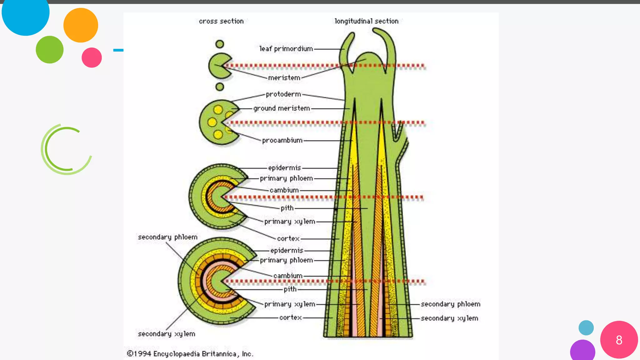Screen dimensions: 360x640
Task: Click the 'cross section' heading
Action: click(221, 21)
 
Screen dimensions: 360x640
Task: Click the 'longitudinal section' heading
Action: click(367, 21)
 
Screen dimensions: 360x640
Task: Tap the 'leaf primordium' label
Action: click(286, 49)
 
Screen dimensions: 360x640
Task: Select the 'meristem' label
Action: click(284, 78)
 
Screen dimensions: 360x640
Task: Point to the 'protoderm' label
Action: click(283, 94)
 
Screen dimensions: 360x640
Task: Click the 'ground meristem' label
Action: click(282, 108)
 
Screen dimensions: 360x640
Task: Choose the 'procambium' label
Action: click(282, 141)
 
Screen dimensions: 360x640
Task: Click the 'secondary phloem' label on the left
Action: click(167, 237)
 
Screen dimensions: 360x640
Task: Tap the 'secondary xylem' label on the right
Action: click(449, 318)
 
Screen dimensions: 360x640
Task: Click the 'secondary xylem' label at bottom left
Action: click(167, 334)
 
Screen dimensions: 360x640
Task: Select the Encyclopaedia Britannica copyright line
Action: click(190, 354)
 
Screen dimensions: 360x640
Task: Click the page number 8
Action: click(619, 340)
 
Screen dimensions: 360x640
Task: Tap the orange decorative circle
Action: click(81, 25)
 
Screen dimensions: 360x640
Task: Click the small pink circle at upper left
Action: click(92, 57)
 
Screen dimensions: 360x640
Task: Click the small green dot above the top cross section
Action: click(220, 44)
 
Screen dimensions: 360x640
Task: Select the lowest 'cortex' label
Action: click(290, 317)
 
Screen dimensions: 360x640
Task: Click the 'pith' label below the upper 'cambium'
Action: click(287, 208)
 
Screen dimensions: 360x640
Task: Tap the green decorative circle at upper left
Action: click(49, 50)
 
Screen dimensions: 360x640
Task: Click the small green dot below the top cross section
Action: click(220, 87)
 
